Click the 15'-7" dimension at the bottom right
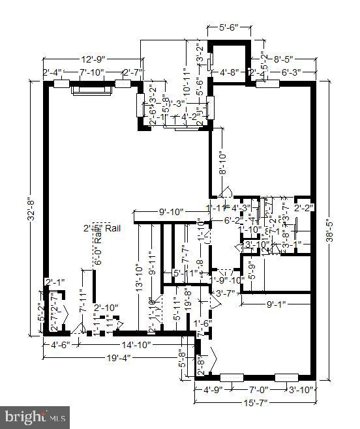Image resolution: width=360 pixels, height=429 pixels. pos(255,402)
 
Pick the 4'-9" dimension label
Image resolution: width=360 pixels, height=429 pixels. pos(213,391)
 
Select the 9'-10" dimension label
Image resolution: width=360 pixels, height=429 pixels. pos(171,212)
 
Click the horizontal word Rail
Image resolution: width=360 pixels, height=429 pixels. pos(112,228)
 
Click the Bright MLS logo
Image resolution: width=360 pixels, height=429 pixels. pos(37,415)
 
